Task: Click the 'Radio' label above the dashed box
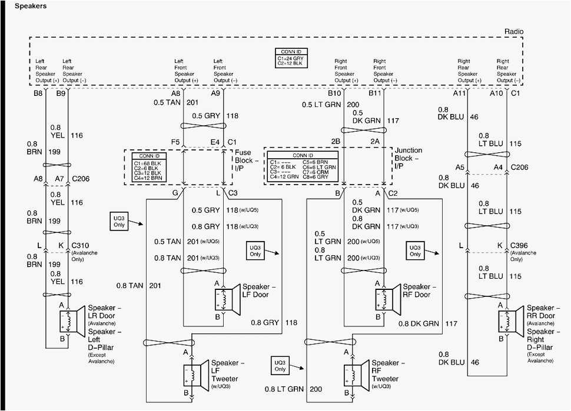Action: click(x=513, y=32)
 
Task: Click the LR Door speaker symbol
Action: click(x=69, y=321)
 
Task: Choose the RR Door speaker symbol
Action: click(x=509, y=321)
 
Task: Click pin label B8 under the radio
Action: click(x=38, y=93)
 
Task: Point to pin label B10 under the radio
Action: click(x=334, y=93)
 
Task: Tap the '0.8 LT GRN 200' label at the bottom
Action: click(x=293, y=389)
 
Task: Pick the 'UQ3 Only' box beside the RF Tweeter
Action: click(x=280, y=365)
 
